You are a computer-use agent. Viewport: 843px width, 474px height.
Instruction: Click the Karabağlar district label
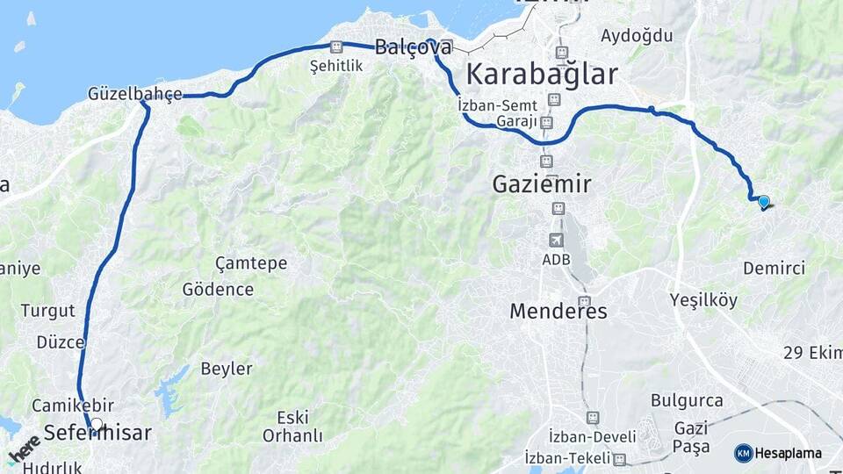pyautogui.click(x=542, y=74)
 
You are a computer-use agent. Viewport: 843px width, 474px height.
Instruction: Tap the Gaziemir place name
pyautogui.click(x=542, y=184)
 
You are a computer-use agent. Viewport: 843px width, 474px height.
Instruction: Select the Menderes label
pyautogui.click(x=558, y=312)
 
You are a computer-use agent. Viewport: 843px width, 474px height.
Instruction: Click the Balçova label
pyautogui.click(x=413, y=48)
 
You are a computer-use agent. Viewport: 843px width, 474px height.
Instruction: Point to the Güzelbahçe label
pyautogui.click(x=135, y=94)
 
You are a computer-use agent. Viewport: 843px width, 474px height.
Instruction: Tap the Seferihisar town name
pyautogui.click(x=97, y=434)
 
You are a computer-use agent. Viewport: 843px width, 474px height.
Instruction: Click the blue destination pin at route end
pyautogui.click(x=763, y=202)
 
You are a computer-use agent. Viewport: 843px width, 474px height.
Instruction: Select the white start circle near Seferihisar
pyautogui.click(x=97, y=424)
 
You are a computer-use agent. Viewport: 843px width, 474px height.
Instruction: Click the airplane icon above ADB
pyautogui.click(x=556, y=240)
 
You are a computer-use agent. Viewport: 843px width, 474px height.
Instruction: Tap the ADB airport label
pyautogui.click(x=556, y=261)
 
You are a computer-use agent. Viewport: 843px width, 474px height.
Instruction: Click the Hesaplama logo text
pyautogui.click(x=788, y=453)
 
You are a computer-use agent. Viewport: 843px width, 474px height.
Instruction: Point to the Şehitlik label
pyautogui.click(x=335, y=67)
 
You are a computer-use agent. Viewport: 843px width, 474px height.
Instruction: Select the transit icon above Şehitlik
pyautogui.click(x=335, y=47)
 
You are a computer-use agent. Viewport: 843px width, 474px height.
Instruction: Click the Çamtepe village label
pyautogui.click(x=250, y=263)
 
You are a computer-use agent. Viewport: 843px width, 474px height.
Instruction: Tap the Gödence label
pyautogui.click(x=218, y=289)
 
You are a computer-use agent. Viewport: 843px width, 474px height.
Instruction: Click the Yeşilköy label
pyautogui.click(x=703, y=299)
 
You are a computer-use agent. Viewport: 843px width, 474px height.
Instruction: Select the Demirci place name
pyautogui.click(x=774, y=268)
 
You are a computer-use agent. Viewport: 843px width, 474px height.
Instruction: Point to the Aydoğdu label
pyautogui.click(x=637, y=36)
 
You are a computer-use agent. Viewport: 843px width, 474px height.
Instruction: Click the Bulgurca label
pyautogui.click(x=688, y=400)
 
